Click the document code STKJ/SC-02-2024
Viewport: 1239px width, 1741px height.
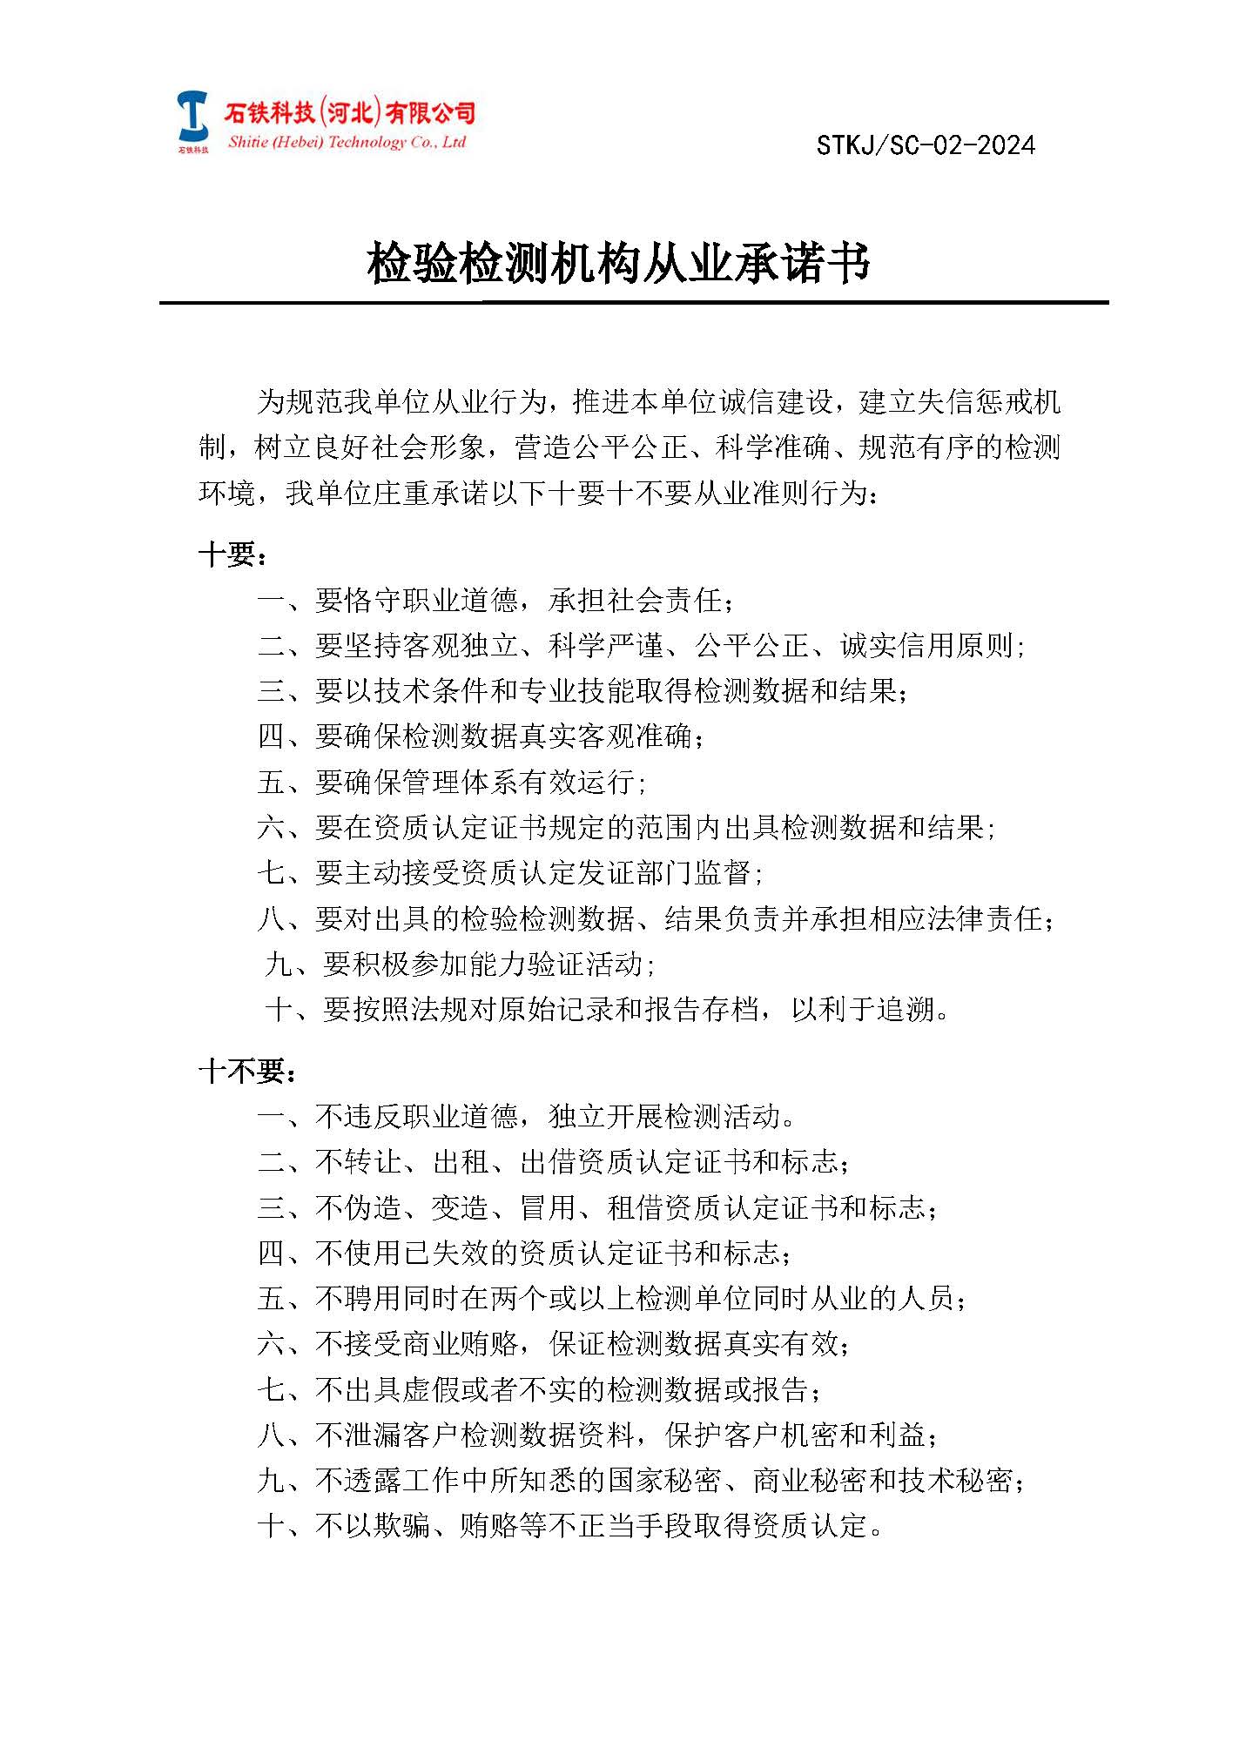pos(926,145)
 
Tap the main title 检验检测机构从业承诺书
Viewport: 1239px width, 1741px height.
pos(618,263)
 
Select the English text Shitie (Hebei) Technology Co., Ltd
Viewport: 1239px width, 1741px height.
pos(347,143)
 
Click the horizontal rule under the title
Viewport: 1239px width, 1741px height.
pos(633,303)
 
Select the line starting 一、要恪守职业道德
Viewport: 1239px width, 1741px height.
pos(496,601)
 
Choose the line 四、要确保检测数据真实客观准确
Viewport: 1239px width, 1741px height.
pos(481,736)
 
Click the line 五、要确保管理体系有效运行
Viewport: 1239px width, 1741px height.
pos(453,782)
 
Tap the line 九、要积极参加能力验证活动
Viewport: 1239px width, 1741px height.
pos(461,964)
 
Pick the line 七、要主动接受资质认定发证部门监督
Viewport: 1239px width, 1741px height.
pos(511,872)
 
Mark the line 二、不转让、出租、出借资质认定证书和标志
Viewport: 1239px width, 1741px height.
pos(554,1161)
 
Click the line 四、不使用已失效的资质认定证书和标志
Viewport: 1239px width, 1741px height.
pos(525,1253)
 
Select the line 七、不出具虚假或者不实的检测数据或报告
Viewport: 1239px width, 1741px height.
pos(540,1389)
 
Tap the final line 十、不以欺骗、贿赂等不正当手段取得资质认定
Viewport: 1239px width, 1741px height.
pos(570,1525)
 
